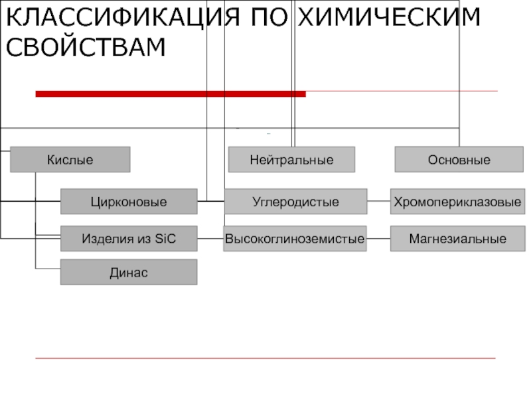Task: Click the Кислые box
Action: point(70,159)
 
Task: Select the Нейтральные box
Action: point(291,159)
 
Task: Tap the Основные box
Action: point(459,159)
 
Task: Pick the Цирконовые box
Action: point(129,202)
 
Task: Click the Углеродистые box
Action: point(295,202)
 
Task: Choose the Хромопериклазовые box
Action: point(457,202)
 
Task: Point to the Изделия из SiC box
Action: point(129,239)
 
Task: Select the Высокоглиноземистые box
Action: point(295,239)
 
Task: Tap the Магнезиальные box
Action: point(457,239)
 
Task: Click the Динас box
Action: point(129,272)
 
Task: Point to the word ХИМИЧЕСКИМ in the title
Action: point(389,17)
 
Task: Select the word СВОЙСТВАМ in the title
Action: point(86,46)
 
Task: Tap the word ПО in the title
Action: point(269,17)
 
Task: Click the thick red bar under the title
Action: point(171,94)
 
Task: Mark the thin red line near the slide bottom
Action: point(265,358)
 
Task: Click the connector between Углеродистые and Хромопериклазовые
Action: point(378,201)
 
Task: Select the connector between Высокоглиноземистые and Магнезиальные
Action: point(378,239)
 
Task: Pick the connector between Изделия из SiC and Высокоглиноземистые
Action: point(210,239)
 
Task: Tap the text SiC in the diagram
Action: point(165,239)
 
